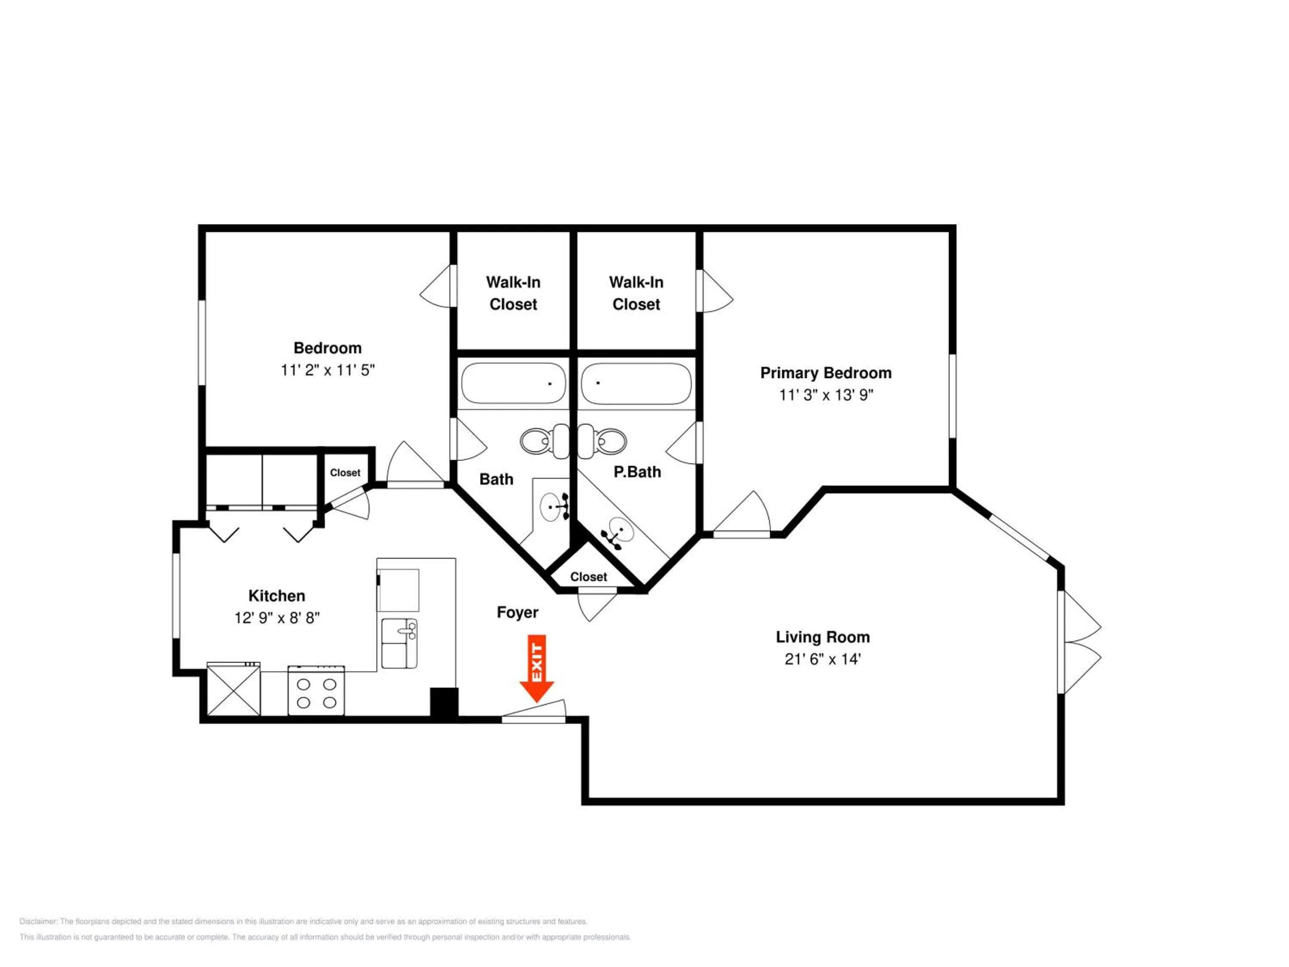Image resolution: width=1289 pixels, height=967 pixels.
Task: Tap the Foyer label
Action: tap(517, 612)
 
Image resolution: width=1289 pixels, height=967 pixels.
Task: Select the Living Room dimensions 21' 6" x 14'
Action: tap(822, 659)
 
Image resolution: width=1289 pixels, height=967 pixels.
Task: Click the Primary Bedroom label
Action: tap(826, 373)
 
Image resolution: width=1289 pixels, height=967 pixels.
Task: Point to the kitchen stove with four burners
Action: tap(316, 691)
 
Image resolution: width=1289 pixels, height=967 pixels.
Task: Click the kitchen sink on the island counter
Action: tap(399, 643)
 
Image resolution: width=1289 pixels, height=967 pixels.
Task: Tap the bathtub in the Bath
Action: tap(513, 383)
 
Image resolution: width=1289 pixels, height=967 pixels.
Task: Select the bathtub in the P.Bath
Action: tap(636, 383)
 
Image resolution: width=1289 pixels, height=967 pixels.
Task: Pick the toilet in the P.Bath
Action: tap(602, 441)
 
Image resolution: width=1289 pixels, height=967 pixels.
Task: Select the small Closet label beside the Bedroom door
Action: tap(345, 473)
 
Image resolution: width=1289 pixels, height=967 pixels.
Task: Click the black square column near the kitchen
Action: tap(444, 702)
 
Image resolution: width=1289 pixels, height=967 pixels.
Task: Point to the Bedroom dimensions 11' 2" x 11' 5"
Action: tap(327, 370)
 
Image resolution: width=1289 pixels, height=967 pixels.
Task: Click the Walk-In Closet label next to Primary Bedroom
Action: tap(636, 293)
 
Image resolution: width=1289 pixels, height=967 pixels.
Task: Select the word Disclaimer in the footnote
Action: tap(39, 921)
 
